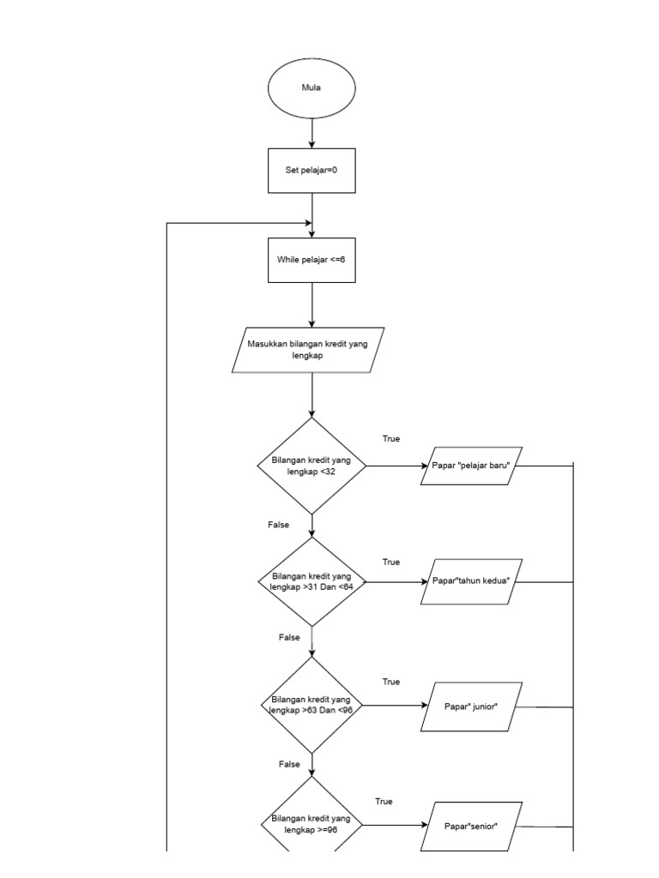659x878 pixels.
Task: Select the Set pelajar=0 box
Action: click(311, 170)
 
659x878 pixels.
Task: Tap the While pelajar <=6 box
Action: click(311, 258)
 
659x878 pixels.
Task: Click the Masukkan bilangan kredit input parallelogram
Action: click(308, 350)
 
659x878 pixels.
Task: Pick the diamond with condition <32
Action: click(311, 466)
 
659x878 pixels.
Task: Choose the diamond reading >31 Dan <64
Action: click(311, 581)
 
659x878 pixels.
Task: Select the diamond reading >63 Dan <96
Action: click(311, 705)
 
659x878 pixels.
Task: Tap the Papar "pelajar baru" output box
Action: click(472, 466)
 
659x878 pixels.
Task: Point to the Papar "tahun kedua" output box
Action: click(472, 581)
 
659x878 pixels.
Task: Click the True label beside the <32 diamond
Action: click(391, 439)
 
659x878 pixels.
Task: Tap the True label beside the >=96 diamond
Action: click(384, 802)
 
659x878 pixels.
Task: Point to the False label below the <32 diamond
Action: click(279, 525)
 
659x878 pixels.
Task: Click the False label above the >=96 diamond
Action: click(289, 764)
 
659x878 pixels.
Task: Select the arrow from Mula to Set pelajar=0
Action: click(311, 131)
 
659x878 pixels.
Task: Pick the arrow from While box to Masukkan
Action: click(311, 304)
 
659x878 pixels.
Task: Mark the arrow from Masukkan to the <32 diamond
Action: click(311, 395)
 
